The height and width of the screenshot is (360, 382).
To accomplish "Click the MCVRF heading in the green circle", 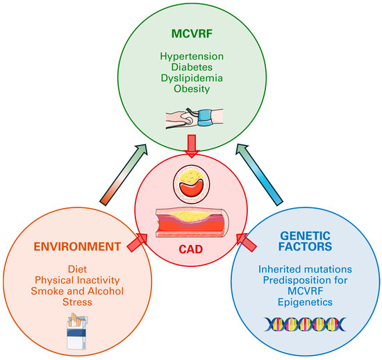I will tap(191, 33).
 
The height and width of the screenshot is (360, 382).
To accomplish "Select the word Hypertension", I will tap(191, 57).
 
